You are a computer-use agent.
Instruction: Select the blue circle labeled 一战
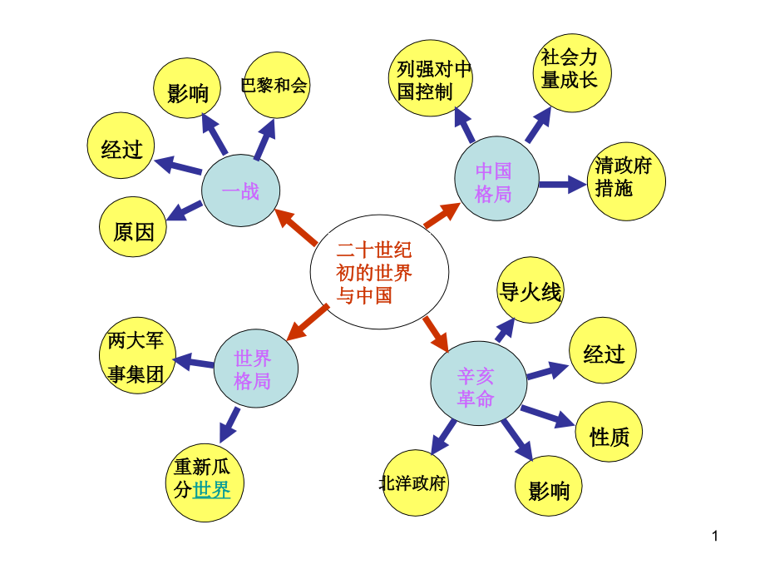240,192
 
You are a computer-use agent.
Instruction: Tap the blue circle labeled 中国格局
493,182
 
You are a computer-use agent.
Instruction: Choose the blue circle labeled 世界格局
253,369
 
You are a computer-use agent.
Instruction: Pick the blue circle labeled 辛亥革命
476,387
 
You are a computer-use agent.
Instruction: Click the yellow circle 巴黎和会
275,86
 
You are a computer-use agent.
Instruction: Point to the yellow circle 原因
133,232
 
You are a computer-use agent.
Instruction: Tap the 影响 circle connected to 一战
188,93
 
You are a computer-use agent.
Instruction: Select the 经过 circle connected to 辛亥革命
604,354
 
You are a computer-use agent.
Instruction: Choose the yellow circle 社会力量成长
569,70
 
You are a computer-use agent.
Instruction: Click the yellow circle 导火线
531,292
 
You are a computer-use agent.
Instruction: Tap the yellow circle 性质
610,436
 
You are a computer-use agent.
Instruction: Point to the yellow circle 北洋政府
413,483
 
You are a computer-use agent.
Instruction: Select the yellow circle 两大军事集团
137,358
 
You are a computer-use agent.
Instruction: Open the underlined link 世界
211,490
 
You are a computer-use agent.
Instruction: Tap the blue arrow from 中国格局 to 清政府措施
562,184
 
